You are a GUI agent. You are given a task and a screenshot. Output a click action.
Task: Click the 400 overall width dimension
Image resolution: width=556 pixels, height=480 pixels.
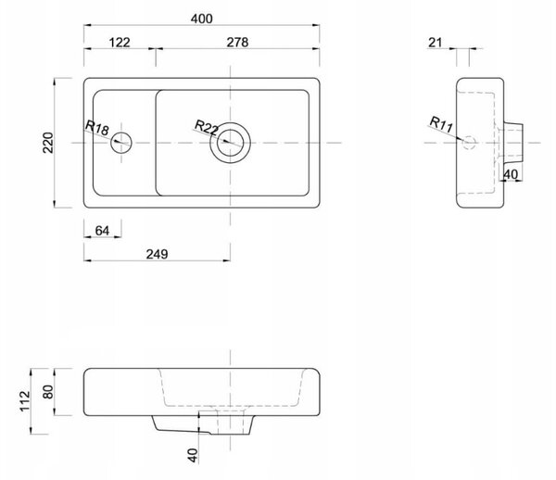click(x=201, y=19)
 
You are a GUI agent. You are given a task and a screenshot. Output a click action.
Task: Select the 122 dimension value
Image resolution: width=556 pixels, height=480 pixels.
click(x=120, y=43)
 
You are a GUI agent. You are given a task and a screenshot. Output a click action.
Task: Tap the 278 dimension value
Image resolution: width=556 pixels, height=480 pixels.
click(x=237, y=43)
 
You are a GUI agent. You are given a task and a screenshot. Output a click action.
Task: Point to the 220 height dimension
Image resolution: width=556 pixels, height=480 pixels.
click(x=48, y=143)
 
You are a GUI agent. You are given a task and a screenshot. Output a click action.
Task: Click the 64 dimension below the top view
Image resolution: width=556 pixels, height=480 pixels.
click(x=102, y=231)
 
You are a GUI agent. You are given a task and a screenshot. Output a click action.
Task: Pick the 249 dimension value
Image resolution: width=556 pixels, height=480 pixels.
click(x=158, y=254)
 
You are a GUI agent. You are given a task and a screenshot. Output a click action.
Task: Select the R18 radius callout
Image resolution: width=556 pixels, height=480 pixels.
click(x=96, y=128)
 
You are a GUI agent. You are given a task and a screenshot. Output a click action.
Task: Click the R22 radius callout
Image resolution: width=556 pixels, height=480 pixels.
click(x=207, y=128)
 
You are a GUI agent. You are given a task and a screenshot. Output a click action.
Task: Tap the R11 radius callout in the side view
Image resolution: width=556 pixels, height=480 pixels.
click(x=441, y=124)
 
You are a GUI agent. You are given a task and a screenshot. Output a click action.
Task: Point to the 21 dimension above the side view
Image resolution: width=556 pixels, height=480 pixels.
click(x=436, y=43)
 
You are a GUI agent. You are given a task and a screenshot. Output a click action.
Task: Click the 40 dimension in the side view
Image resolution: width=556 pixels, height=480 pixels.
click(x=511, y=174)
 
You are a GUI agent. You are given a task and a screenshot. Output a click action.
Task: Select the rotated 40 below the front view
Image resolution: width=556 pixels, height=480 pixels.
click(x=193, y=455)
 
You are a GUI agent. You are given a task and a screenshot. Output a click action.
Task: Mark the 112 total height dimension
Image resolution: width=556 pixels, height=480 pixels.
click(x=25, y=401)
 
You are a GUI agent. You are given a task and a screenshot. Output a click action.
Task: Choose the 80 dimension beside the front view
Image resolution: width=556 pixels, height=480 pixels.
click(x=48, y=392)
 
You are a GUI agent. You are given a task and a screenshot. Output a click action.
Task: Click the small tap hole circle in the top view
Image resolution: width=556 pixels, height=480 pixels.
click(x=121, y=143)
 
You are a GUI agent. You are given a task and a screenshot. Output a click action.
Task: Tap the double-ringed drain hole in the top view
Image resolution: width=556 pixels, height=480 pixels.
click(x=230, y=143)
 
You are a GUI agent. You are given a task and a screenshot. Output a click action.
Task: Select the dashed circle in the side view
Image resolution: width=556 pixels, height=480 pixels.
click(x=469, y=143)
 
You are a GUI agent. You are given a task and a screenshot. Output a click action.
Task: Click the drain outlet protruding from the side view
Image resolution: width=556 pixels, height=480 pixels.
click(x=513, y=143)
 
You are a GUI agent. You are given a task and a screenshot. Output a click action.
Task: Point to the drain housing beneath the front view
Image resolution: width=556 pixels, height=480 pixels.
click(x=203, y=424)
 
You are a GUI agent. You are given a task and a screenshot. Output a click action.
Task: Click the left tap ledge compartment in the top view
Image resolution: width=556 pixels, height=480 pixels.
click(x=124, y=143)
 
